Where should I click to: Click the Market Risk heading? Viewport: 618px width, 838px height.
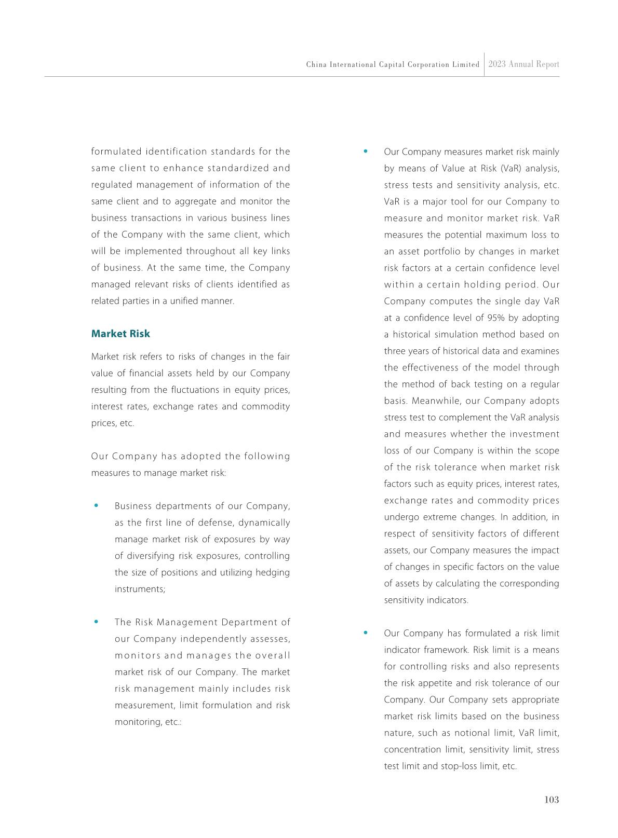[120, 334]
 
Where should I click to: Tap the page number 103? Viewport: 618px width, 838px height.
[552, 800]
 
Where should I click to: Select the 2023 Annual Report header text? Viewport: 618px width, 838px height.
[523, 64]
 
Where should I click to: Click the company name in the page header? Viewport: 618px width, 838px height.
[393, 65]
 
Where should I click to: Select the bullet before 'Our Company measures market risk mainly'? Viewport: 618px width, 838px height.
[366, 152]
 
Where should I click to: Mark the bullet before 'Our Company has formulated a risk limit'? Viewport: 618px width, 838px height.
[366, 633]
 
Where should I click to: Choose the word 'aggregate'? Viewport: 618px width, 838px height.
[220, 201]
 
